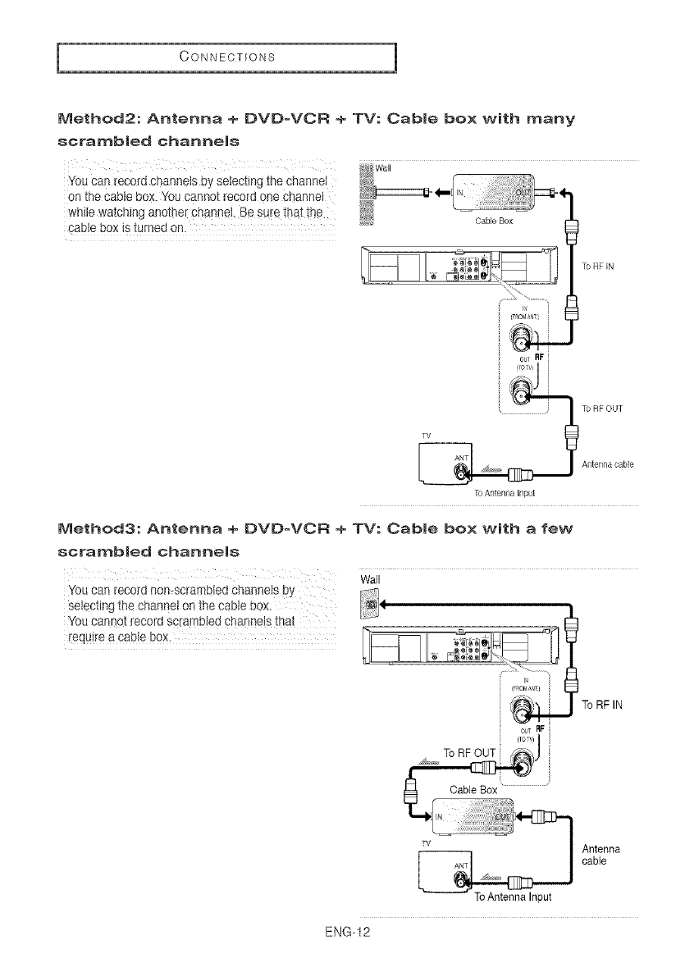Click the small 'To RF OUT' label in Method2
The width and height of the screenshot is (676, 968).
[x=601, y=408]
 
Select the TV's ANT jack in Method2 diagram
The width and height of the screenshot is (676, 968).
[x=464, y=473]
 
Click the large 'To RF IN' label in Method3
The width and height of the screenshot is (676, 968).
[x=604, y=705]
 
